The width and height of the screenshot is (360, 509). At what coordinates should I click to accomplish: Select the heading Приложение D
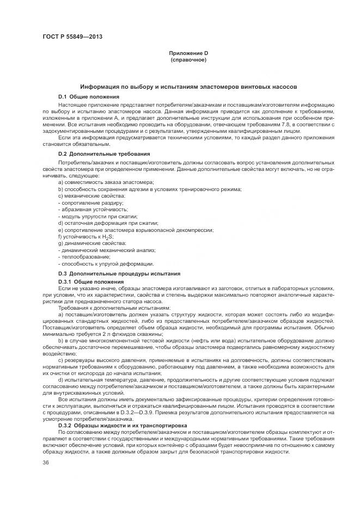click(x=188, y=53)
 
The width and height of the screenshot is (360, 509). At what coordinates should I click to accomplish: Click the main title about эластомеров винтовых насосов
click(x=188, y=87)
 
